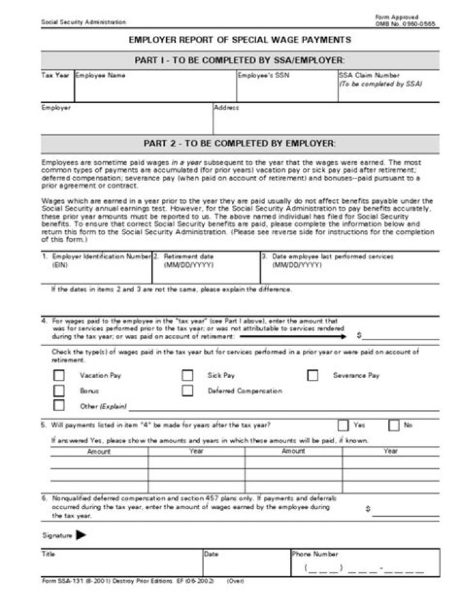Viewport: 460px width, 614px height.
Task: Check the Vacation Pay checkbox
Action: pos(59,375)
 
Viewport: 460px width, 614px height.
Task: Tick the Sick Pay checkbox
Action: pos(187,375)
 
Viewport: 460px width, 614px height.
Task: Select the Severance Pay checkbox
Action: pos(312,375)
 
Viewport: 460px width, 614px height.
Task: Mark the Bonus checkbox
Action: pos(59,390)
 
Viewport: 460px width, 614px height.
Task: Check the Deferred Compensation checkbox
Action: pos(187,390)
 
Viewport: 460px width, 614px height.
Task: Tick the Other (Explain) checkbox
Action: pos(59,405)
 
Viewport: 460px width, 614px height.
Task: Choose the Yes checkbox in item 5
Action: pos(343,425)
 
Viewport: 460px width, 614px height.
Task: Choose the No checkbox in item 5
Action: pos(394,425)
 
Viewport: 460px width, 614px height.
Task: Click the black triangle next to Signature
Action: pos(81,535)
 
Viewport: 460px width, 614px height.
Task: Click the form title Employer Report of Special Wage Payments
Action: pos(240,40)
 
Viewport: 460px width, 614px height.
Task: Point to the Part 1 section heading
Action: pos(240,60)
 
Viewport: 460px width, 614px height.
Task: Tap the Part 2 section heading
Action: pos(240,143)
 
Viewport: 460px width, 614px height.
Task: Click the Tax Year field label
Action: pos(56,75)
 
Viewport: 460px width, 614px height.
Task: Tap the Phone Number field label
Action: pos(315,554)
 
